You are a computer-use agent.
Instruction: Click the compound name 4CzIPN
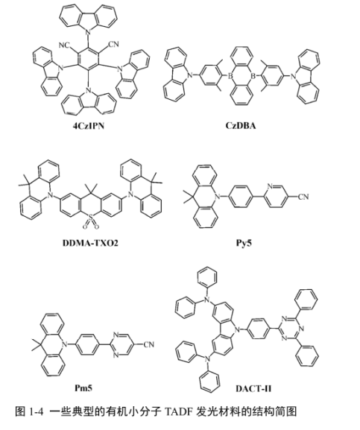(88, 126)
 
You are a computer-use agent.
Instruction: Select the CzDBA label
(241, 126)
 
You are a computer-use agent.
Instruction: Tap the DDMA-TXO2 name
(90, 243)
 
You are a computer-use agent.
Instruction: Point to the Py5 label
(244, 243)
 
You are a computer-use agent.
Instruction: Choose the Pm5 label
(83, 388)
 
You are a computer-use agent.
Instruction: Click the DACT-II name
(253, 388)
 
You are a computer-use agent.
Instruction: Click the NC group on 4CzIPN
(64, 45)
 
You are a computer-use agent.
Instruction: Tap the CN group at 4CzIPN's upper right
(113, 44)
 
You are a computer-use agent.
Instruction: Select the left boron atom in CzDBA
(230, 75)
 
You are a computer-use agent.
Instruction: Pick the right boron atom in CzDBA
(253, 75)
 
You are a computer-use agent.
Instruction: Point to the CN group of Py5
(303, 197)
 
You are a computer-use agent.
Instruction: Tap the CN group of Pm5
(149, 344)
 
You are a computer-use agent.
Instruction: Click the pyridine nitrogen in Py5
(270, 186)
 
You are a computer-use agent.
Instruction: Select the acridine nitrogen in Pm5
(65, 344)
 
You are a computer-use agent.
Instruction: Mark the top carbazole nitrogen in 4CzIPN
(88, 32)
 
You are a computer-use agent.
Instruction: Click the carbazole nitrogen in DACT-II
(238, 329)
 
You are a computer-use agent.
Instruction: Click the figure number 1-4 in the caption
(37, 411)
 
